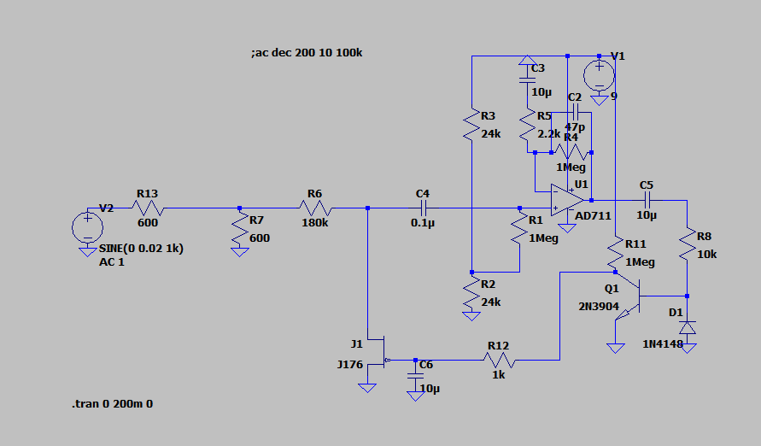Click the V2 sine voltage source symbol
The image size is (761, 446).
87,227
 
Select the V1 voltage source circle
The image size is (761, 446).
600,71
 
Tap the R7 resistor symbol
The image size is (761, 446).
239,229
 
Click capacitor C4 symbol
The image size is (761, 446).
423,208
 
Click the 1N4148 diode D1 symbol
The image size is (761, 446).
688,327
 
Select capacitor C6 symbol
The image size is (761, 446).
416,374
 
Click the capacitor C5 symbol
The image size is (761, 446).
647,199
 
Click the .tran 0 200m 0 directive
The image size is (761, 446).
112,402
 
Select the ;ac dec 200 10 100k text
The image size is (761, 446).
307,53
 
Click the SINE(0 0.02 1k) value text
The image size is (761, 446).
141,249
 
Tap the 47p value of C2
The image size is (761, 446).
575,126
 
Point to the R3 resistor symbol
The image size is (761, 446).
471,125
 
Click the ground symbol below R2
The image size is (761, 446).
471,315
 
